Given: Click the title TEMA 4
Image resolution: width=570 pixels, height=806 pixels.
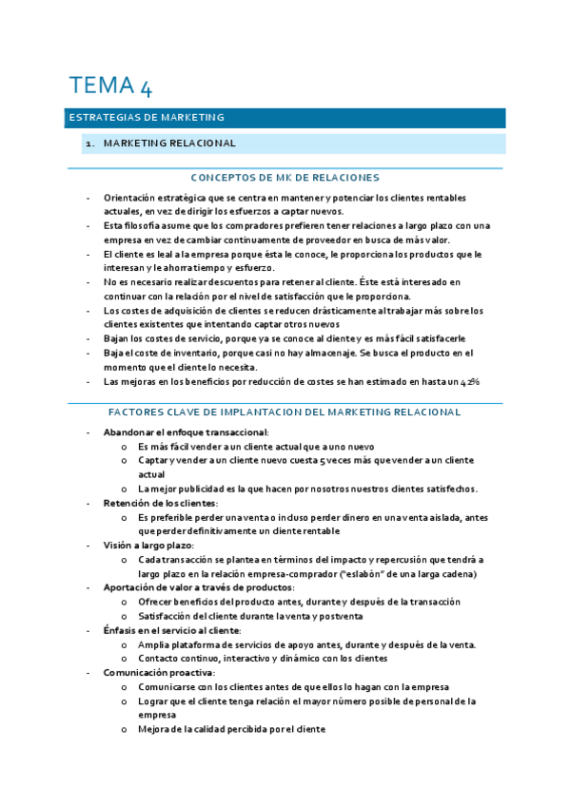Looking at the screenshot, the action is click(x=109, y=86).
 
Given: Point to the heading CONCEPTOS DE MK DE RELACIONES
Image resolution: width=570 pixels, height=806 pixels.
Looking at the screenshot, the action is click(x=285, y=178).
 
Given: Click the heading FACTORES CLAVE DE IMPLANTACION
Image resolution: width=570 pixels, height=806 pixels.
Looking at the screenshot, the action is click(x=285, y=413).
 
